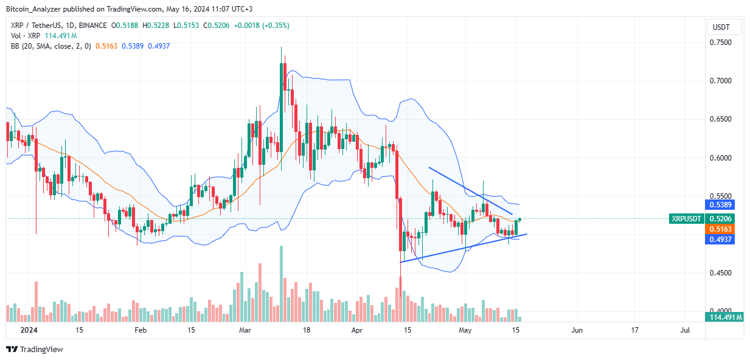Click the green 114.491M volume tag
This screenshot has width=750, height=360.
(723, 317)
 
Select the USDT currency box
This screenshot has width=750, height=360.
(724, 27)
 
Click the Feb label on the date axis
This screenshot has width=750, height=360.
(141, 330)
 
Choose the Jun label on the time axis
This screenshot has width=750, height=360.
(577, 330)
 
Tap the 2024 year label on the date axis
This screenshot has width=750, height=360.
(27, 330)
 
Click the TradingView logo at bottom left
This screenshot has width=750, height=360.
(35, 349)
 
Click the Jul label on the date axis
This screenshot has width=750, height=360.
(685, 330)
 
